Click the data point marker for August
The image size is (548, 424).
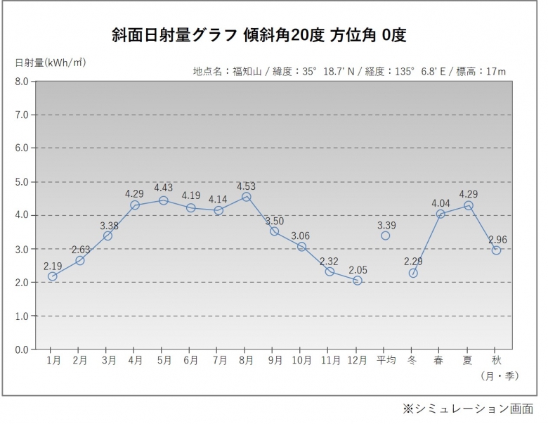(x=246, y=197)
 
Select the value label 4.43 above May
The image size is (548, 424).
(x=163, y=187)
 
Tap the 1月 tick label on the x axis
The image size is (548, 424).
(x=53, y=360)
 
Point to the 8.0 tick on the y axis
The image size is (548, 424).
(x=21, y=82)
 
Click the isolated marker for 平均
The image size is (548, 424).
(x=385, y=235)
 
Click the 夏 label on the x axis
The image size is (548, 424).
(x=467, y=360)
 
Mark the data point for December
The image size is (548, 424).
(x=358, y=281)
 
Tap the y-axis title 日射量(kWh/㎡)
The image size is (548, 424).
(x=50, y=63)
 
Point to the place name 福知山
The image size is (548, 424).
(x=244, y=71)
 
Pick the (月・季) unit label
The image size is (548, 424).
(x=500, y=375)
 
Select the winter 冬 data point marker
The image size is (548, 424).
(x=413, y=273)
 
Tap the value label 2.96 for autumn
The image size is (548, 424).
(x=496, y=240)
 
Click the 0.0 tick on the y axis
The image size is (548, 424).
(x=21, y=349)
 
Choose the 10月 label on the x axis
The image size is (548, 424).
(x=301, y=360)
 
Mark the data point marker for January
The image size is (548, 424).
(x=53, y=276)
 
